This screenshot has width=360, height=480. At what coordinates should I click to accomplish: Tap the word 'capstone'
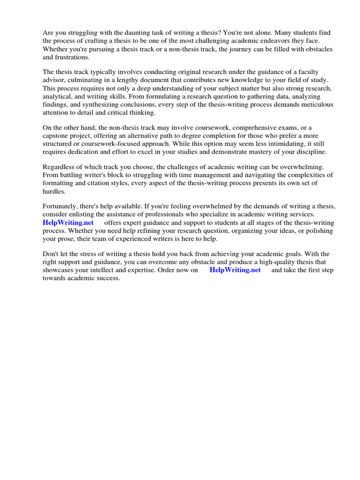[56, 136]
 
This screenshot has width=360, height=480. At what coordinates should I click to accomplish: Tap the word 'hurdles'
[54, 191]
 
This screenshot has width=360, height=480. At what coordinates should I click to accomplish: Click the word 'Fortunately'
[62, 207]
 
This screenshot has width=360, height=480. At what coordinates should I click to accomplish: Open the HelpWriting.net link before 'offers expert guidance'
[68, 223]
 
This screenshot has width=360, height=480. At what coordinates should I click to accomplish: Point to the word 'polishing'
[319, 231]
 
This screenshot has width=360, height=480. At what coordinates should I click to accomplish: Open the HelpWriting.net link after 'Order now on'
[235, 270]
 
